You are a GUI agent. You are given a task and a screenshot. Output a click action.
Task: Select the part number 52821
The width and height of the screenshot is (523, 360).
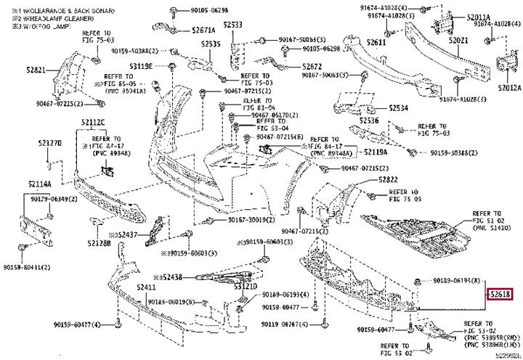[36, 70]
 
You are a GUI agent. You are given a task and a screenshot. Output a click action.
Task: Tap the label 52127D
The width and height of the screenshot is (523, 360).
[50, 144]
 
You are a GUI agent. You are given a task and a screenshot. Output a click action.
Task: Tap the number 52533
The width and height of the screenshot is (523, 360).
[232, 25]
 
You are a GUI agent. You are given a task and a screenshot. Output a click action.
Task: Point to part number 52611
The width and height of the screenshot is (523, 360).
[376, 42]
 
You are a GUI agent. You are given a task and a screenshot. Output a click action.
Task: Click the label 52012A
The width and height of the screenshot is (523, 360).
[509, 88]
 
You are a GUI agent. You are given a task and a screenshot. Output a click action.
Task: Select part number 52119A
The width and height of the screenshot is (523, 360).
[375, 153]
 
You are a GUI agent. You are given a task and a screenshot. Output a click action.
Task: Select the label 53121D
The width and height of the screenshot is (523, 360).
[246, 287]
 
